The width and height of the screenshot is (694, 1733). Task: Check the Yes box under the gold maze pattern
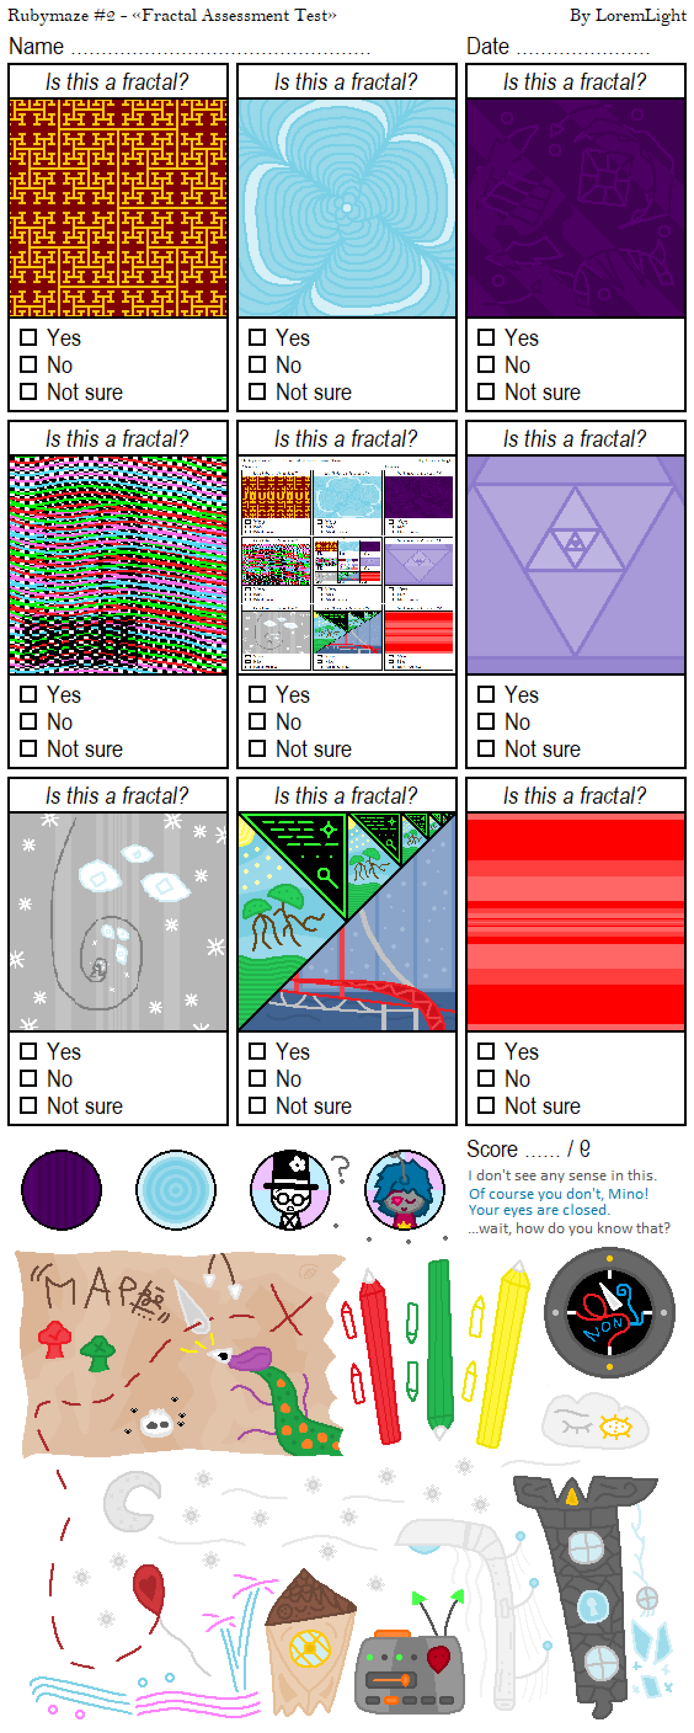point(28,337)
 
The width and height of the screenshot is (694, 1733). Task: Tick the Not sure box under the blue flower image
point(257,391)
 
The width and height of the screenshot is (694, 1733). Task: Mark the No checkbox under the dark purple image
point(486,365)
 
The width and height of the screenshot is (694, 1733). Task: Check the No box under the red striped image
point(486,1078)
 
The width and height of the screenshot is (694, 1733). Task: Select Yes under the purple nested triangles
point(486,694)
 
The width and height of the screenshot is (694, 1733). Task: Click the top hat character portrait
point(290,1189)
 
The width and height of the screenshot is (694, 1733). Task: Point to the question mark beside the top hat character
point(341,1169)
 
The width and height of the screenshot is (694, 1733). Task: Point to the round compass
point(609,1312)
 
